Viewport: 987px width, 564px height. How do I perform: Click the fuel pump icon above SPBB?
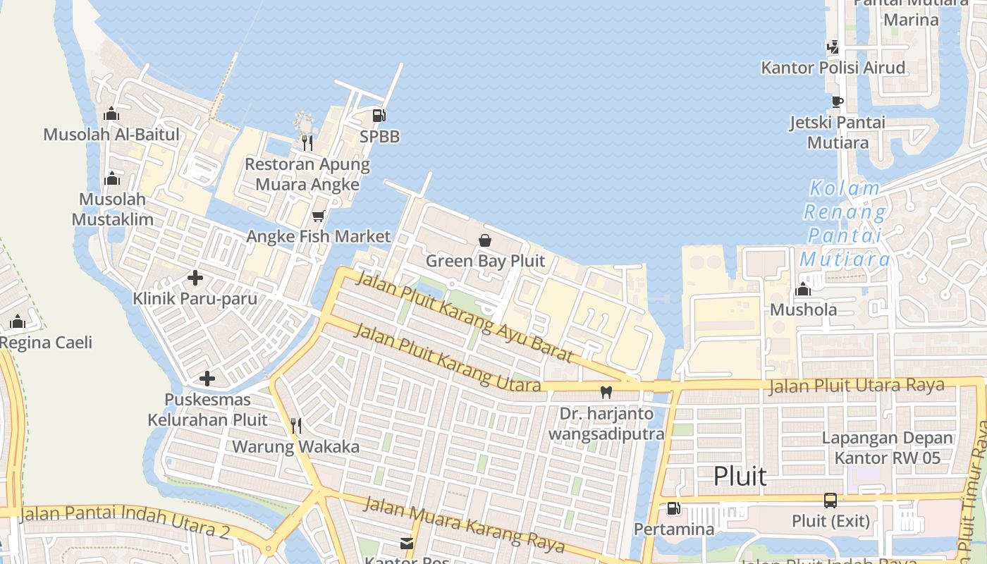coord(379,116)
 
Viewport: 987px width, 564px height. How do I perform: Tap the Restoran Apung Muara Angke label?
coord(307,174)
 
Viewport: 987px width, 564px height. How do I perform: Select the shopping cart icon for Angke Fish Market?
coord(318,216)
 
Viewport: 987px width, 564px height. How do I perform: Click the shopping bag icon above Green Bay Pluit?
coord(485,240)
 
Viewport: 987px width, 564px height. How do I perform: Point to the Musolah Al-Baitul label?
coord(111,135)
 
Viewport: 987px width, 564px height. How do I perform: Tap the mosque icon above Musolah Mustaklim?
coord(111,179)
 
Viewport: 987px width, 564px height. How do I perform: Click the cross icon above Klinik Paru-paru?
coord(195,278)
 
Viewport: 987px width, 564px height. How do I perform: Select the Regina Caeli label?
coord(46,343)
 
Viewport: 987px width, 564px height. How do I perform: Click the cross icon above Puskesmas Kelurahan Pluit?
coord(207,379)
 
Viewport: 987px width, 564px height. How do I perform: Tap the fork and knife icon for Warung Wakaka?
coord(296,425)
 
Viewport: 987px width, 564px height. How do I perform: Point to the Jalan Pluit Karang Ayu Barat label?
coord(466,314)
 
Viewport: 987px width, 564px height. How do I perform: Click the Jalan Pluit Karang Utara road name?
coord(447,357)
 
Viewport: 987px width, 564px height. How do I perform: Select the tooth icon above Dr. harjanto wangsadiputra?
coord(606,392)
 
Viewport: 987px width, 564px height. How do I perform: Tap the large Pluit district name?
coord(740,476)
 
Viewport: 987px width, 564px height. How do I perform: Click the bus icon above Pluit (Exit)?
coord(830,501)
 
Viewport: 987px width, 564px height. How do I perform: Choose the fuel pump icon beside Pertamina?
coord(674,508)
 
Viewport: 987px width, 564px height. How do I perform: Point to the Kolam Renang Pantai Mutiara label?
coord(845,223)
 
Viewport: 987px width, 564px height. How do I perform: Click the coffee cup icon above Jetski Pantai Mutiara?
coord(837,102)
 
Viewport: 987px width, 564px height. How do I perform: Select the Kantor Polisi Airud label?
coord(833,68)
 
